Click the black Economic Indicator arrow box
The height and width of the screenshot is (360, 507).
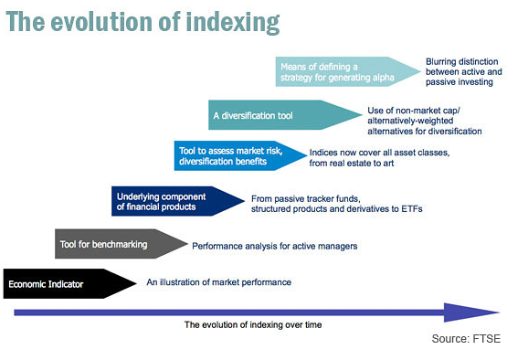(69, 283)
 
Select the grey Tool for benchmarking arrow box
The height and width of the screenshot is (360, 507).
(121, 244)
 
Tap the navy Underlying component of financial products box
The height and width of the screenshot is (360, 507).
(178, 201)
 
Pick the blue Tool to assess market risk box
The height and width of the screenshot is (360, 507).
(240, 155)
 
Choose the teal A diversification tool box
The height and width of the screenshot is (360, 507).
(285, 115)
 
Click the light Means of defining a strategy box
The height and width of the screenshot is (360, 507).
(348, 71)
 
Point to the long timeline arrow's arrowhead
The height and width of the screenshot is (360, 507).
(472, 312)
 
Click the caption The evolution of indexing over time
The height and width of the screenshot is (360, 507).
(253, 324)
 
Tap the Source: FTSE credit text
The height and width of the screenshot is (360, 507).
(466, 339)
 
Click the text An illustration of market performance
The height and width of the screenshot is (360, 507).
(219, 282)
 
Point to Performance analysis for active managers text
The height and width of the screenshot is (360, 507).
(275, 246)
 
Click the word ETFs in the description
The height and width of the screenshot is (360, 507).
(412, 209)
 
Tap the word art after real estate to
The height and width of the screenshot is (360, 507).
(388, 164)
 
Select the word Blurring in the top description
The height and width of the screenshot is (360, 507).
(440, 62)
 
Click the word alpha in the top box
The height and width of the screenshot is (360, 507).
(383, 78)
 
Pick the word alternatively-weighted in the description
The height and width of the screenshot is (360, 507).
(410, 121)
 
